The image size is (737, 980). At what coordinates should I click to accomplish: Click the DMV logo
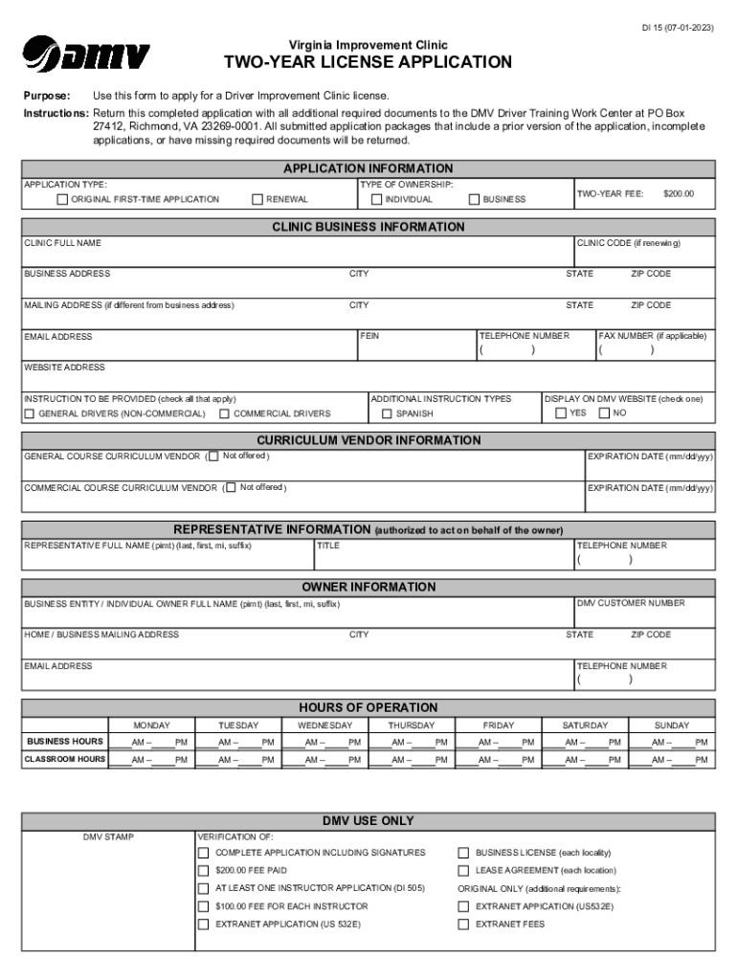pyautogui.click(x=86, y=54)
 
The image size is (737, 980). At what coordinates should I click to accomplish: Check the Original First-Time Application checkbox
pyautogui.click(x=63, y=200)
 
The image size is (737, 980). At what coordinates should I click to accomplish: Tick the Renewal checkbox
pyautogui.click(x=257, y=200)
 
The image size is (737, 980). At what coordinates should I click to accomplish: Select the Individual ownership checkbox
pyautogui.click(x=376, y=200)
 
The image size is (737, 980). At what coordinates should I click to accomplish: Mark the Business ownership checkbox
pyautogui.click(x=474, y=200)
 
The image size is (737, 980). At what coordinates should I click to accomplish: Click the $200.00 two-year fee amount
pyautogui.click(x=678, y=193)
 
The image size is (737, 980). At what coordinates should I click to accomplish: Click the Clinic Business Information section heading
pyautogui.click(x=368, y=227)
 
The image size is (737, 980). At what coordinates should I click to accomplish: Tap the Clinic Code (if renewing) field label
pyautogui.click(x=628, y=243)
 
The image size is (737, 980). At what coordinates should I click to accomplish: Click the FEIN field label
pyautogui.click(x=369, y=336)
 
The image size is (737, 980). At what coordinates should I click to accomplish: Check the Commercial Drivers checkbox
pyautogui.click(x=224, y=413)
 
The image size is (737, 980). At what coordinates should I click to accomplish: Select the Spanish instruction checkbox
pyautogui.click(x=387, y=413)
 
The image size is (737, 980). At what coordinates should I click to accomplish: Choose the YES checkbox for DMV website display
pyautogui.click(x=561, y=413)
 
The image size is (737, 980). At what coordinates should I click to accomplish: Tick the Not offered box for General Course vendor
pyautogui.click(x=213, y=457)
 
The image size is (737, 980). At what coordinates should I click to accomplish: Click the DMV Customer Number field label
pyautogui.click(x=630, y=603)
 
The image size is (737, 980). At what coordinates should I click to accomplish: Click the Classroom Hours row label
pyautogui.click(x=65, y=760)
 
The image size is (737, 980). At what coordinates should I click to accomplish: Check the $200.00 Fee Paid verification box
pyautogui.click(x=203, y=871)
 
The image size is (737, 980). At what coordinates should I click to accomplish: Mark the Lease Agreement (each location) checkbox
pyautogui.click(x=463, y=871)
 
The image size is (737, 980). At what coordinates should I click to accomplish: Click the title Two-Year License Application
pyautogui.click(x=368, y=63)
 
